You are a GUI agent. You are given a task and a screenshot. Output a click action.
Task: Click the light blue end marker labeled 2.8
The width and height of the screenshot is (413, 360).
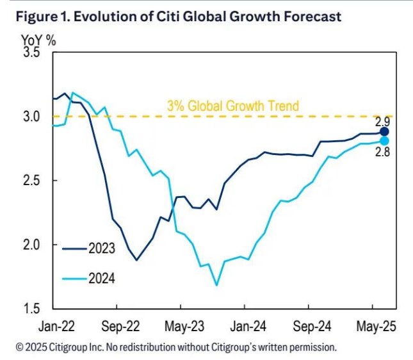point(384,141)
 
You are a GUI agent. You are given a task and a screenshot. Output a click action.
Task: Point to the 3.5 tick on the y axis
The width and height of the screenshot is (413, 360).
point(31,53)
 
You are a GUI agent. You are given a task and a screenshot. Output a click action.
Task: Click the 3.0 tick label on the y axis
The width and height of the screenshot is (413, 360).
point(31,117)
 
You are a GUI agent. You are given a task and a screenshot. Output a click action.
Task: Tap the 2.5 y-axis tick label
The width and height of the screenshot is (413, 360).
point(31,181)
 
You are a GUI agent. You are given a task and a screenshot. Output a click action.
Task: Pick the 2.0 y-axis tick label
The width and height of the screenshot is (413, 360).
point(31,245)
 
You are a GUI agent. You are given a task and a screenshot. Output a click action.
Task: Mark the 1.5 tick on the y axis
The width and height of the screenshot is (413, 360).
point(31,309)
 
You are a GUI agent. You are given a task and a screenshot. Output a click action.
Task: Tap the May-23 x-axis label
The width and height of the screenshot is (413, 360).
point(184,326)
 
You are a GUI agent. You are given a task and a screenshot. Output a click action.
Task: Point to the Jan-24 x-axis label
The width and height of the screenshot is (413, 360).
point(248,326)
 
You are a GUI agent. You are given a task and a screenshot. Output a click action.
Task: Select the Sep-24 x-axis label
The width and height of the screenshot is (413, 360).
point(313,326)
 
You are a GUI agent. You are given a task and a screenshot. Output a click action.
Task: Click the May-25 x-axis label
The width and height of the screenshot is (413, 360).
point(375,326)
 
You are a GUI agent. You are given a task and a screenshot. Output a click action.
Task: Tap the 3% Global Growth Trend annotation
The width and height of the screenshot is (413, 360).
point(232,106)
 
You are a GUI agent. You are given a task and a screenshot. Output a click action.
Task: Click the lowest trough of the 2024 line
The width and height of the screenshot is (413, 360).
point(216,285)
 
